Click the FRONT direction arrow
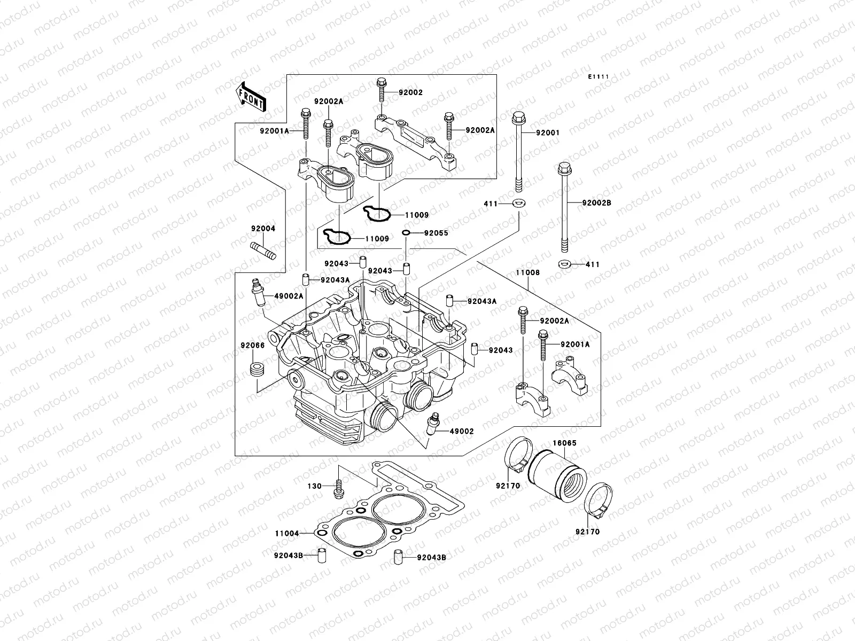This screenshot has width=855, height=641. click(252, 97)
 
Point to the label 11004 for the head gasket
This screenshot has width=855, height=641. click(287, 533)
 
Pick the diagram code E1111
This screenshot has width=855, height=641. click(599, 77)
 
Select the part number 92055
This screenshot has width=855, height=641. click(436, 233)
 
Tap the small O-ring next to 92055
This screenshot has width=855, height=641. click(406, 233)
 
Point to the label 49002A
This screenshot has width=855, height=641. click(289, 296)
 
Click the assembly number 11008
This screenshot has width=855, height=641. click(528, 272)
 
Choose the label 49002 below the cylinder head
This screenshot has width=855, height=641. click(462, 431)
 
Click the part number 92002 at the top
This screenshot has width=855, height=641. click(411, 92)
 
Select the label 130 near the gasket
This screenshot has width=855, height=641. click(315, 486)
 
